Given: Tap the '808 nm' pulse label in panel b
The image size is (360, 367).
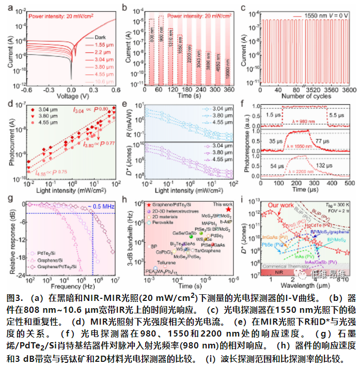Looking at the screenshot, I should pyautogui.click(x=151, y=31).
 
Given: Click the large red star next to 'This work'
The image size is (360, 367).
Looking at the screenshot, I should pyautogui.click(x=228, y=210).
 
